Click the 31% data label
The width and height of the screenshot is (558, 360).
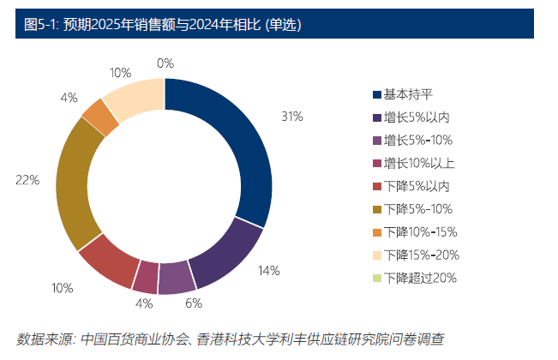point(291,116)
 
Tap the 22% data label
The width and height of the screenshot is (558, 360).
point(27,180)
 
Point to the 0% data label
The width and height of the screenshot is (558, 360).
point(165,63)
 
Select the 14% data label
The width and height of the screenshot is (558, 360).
point(268,271)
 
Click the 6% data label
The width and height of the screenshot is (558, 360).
point(193,303)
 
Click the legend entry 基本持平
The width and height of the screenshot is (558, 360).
point(407,93)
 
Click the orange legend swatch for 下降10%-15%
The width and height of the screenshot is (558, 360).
point(376,232)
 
